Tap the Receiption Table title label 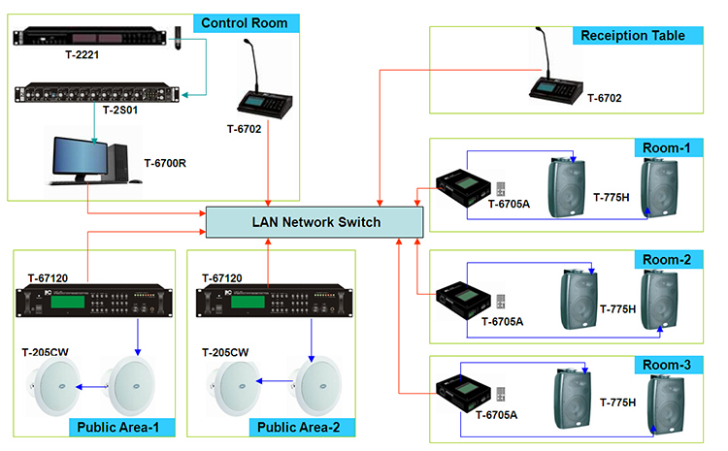[x=632, y=36]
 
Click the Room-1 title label [x=666, y=148]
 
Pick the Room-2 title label [x=666, y=259]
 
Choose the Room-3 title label [x=666, y=366]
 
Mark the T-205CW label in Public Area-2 [x=225, y=352]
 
